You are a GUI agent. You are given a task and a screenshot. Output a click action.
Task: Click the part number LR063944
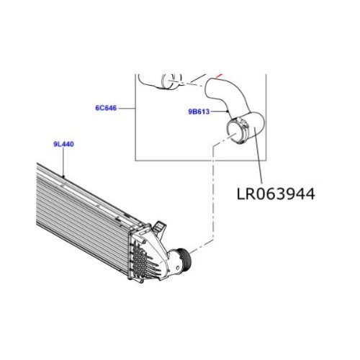tap(275, 194)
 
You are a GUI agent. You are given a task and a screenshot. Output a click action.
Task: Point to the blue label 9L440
tap(63, 145)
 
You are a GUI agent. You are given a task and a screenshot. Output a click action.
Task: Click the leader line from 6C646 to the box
tap(127, 109)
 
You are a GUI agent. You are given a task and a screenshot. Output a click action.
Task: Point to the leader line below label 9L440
tap(63, 163)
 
